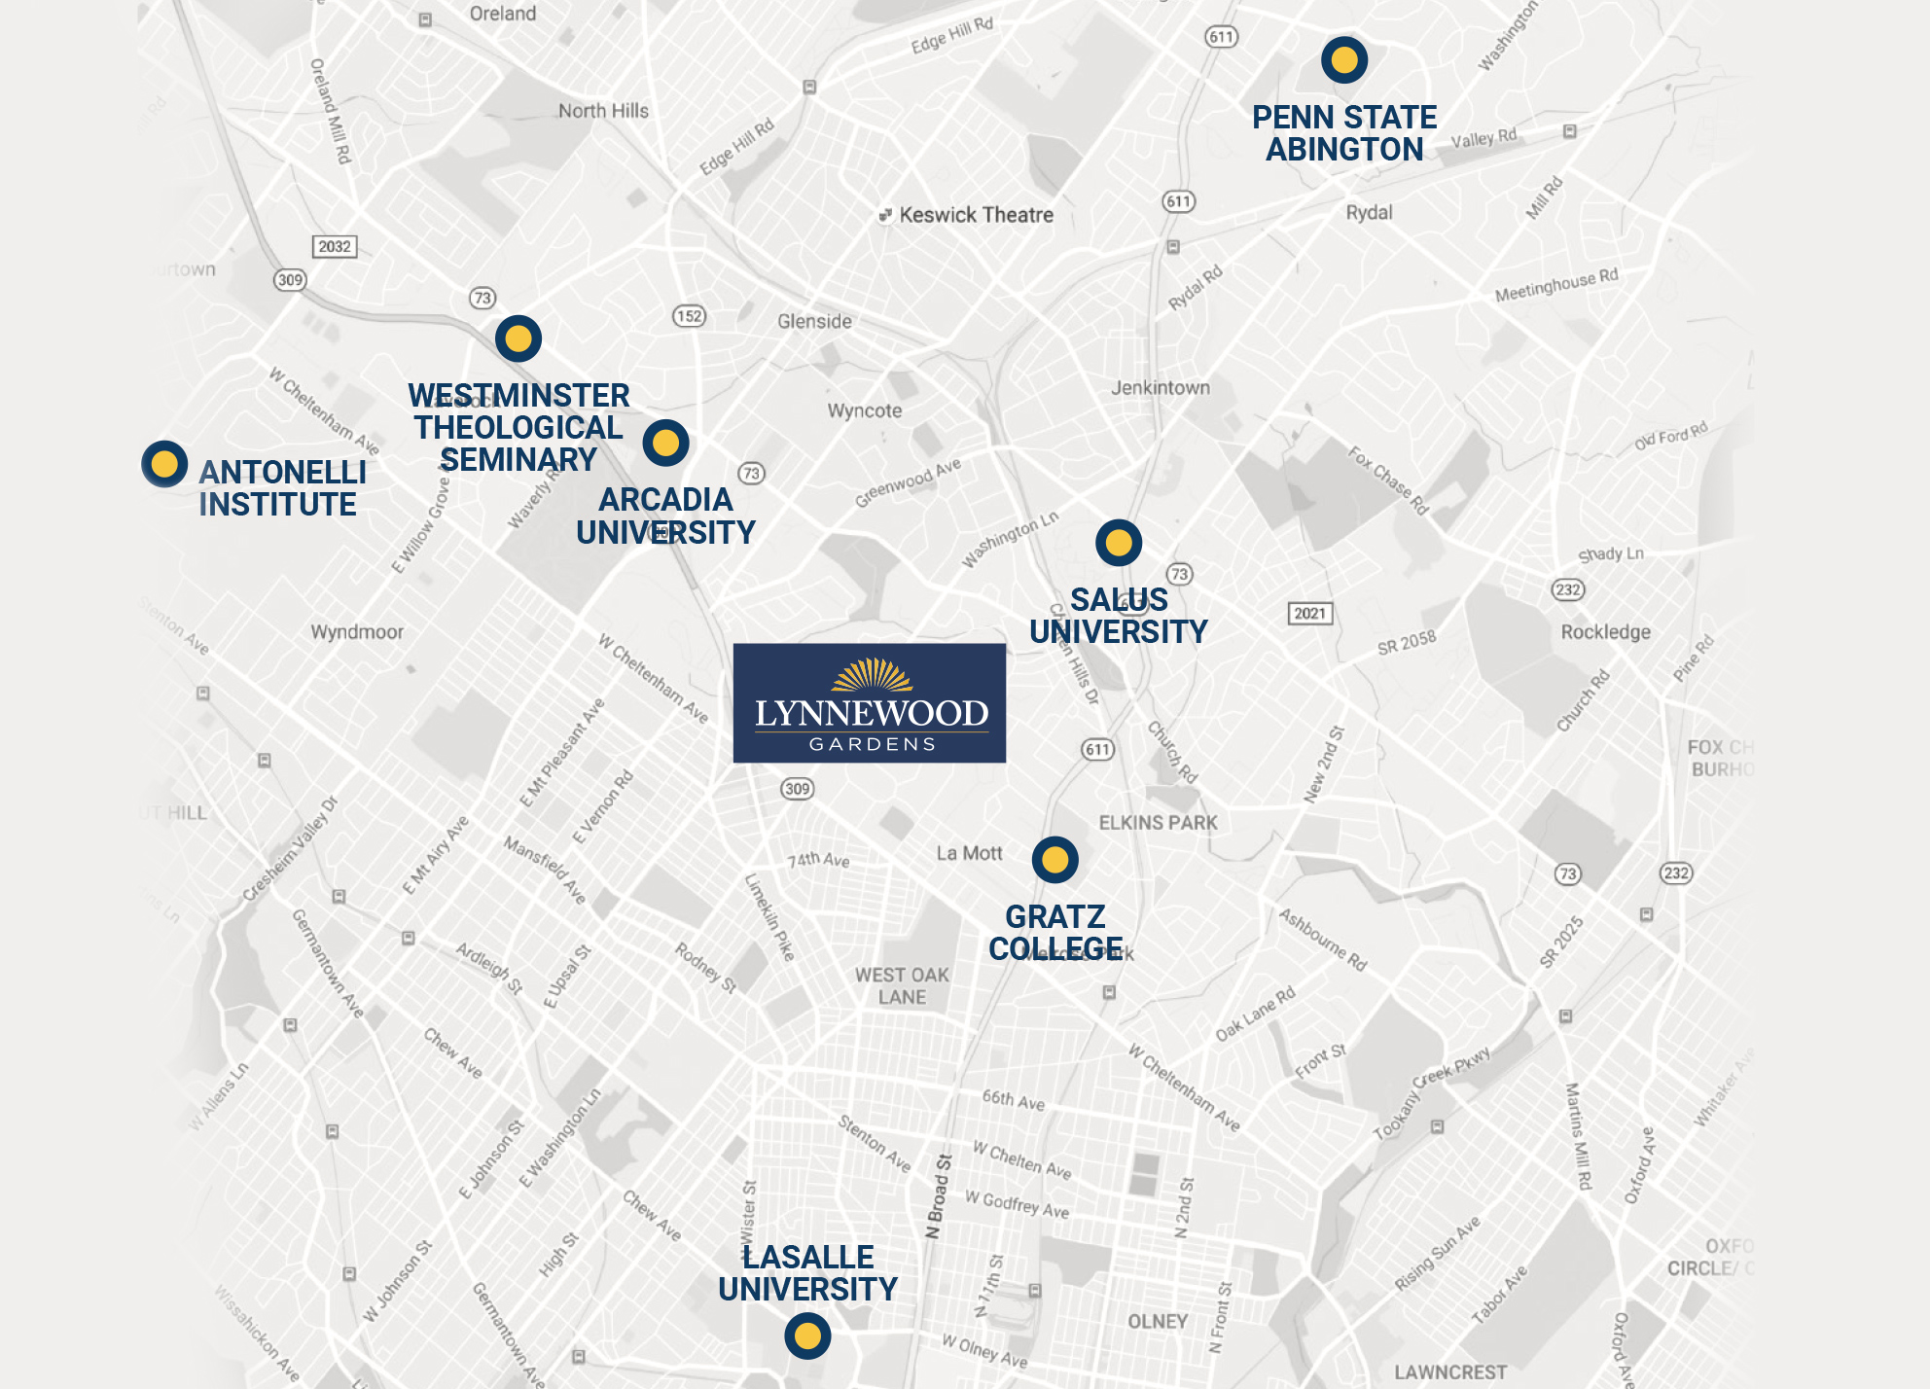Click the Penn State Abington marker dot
(x=1344, y=60)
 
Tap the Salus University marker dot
(x=1119, y=543)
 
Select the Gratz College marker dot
(x=1055, y=860)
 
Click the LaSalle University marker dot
(x=807, y=1336)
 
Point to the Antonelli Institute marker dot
(x=164, y=464)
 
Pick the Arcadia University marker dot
(x=665, y=444)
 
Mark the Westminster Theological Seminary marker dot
(x=518, y=338)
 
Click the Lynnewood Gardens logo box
(x=869, y=702)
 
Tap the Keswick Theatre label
(x=975, y=215)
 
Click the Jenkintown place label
(x=1161, y=387)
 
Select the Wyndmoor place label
(x=357, y=632)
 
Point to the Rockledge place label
(x=1605, y=632)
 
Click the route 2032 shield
(x=335, y=246)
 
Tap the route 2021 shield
(x=1309, y=613)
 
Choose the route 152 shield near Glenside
(x=689, y=316)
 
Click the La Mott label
(x=969, y=853)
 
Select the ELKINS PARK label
(x=1158, y=823)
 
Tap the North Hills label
(x=603, y=111)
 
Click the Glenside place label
(x=814, y=321)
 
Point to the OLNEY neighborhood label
(x=1158, y=1321)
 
